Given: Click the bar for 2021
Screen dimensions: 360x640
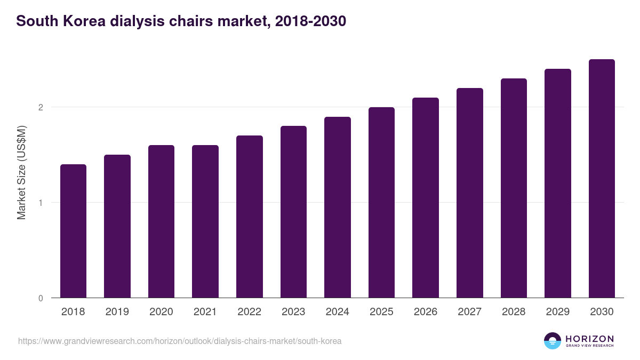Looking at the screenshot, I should click(205, 221).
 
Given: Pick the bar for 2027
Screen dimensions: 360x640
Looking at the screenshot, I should click(470, 193).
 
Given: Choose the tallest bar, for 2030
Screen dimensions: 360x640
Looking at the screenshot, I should click(602, 178).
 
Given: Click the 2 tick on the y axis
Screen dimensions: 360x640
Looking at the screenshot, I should click(41, 107).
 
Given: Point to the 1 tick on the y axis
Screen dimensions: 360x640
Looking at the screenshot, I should click(41, 203).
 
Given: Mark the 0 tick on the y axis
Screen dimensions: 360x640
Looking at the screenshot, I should click(41, 298).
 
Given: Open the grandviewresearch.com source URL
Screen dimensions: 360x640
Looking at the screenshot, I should click(180, 341).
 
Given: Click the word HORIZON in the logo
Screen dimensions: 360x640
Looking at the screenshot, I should click(589, 339).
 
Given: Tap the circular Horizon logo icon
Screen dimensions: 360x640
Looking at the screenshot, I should click(553, 341).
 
